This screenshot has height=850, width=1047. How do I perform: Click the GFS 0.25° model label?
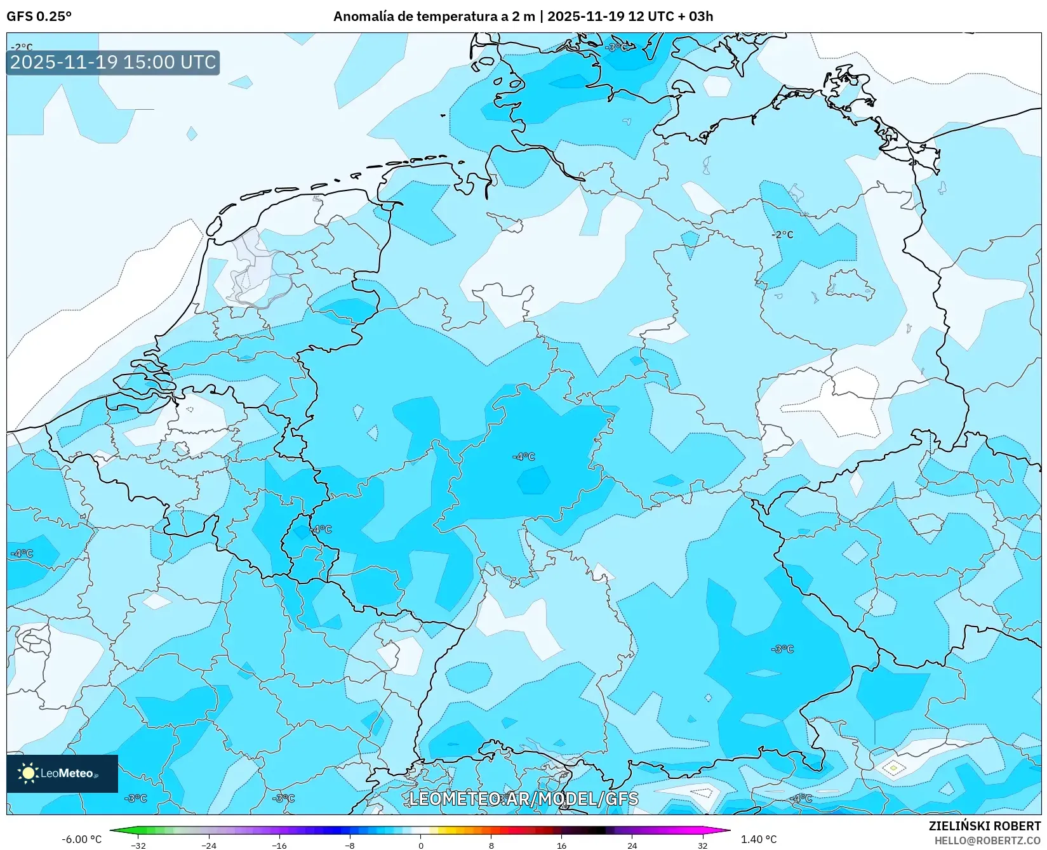click(39, 17)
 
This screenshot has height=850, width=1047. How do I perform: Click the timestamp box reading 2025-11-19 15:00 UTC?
click(113, 62)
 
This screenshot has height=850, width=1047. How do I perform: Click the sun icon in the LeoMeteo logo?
click(28, 773)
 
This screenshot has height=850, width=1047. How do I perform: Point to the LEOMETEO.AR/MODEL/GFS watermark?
click(523, 799)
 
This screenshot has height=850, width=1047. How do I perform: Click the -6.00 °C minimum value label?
click(81, 839)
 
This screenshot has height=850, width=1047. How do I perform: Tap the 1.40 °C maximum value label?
click(759, 839)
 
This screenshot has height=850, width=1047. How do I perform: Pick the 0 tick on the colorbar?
click(420, 846)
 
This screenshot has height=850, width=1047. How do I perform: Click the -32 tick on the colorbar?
click(138, 846)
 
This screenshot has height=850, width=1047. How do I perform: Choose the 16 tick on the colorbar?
click(561, 846)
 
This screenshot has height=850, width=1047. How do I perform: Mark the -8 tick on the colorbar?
click(350, 846)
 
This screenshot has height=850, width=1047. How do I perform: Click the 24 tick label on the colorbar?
click(632, 846)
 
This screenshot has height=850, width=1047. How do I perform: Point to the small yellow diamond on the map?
click(893, 768)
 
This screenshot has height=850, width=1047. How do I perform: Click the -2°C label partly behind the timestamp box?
click(22, 47)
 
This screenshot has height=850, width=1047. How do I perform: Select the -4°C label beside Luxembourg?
click(321, 529)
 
